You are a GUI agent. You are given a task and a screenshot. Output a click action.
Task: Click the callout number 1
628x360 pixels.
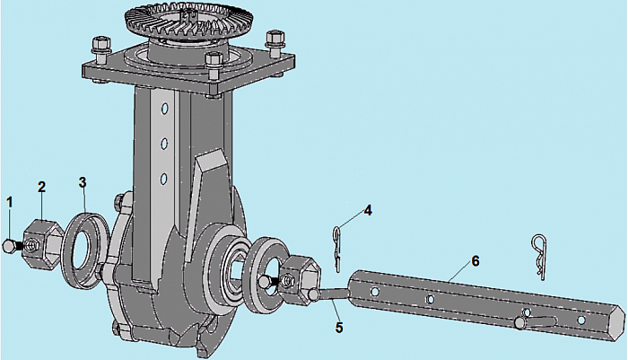[x=10, y=202]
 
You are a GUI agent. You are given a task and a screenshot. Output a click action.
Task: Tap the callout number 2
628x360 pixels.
[x=41, y=187]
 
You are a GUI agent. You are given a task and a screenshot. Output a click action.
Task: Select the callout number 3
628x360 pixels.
[x=83, y=182]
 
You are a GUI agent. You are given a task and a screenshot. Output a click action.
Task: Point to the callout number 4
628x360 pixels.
[x=368, y=210]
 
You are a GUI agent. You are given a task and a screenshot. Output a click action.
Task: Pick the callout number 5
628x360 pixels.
[x=339, y=327]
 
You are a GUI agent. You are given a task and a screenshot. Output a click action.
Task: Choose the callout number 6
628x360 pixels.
[x=475, y=261]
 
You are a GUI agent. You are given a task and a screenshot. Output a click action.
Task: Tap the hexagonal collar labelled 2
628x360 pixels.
[x=42, y=244]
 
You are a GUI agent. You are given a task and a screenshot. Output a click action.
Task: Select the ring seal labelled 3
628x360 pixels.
[x=86, y=250]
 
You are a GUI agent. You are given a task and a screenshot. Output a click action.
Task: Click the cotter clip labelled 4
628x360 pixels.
[x=337, y=249]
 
